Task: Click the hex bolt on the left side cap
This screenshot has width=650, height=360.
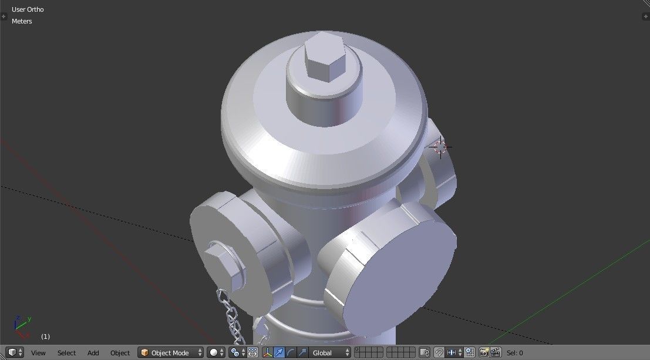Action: [223, 263]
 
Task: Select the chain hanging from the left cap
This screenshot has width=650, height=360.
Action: [232, 317]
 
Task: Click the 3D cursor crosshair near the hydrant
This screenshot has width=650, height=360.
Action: [440, 147]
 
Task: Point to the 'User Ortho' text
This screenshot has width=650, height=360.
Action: [28, 9]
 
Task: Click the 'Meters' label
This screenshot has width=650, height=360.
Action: [22, 21]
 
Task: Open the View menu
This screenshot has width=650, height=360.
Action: [38, 353]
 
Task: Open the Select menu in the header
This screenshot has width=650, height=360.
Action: [66, 353]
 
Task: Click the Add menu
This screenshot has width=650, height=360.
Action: [93, 353]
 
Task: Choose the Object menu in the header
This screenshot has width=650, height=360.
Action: [120, 353]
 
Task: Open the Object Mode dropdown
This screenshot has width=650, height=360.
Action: [170, 353]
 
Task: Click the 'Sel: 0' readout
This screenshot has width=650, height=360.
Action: [514, 353]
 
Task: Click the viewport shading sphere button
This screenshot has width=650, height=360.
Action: [215, 353]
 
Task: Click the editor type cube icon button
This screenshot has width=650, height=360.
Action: [12, 353]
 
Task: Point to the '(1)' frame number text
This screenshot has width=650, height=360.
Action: [45, 337]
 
